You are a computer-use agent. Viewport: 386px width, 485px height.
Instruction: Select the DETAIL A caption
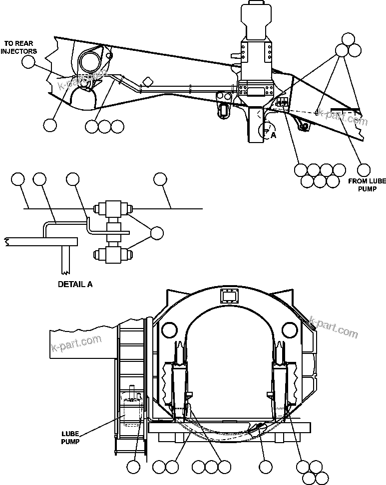point(75,285)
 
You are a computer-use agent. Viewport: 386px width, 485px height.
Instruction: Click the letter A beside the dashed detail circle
point(273,135)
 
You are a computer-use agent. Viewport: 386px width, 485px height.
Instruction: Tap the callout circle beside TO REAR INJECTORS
point(29,61)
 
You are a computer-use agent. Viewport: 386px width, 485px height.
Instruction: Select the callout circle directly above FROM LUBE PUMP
point(365,170)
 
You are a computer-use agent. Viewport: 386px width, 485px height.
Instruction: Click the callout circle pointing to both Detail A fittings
point(157,233)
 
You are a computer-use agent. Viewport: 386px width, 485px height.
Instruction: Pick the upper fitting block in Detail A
point(114,208)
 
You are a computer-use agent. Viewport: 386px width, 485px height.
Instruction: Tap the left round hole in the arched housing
point(169,329)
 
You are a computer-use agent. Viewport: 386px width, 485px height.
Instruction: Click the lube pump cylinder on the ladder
point(132,409)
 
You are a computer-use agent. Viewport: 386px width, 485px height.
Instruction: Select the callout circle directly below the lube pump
point(133,467)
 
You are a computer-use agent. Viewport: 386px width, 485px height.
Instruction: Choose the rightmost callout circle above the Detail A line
point(160,179)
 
